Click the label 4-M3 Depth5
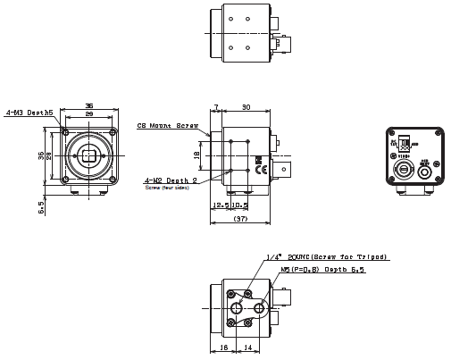tap(29, 113)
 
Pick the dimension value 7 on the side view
tap(215, 107)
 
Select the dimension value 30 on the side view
tap(246, 107)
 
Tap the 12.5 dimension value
tap(223, 205)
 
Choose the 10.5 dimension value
tap(240, 205)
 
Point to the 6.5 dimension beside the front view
tap(40, 206)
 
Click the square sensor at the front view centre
tap(88, 155)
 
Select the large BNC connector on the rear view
tap(402, 168)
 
